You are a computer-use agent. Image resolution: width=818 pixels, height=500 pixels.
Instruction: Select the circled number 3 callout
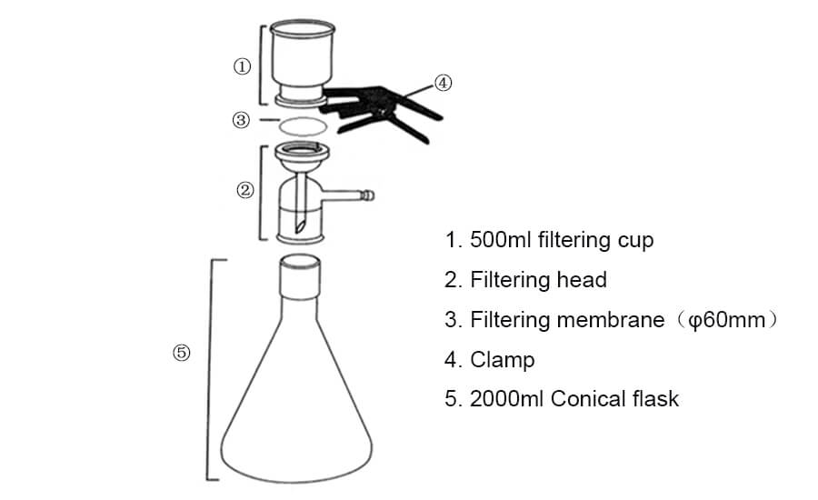tap(241, 120)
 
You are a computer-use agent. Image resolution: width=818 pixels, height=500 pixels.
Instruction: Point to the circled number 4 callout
tap(443, 83)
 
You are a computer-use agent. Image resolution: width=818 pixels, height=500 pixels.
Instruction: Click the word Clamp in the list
tap(503, 359)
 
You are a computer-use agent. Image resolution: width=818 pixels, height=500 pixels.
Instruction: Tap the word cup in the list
tap(634, 242)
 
